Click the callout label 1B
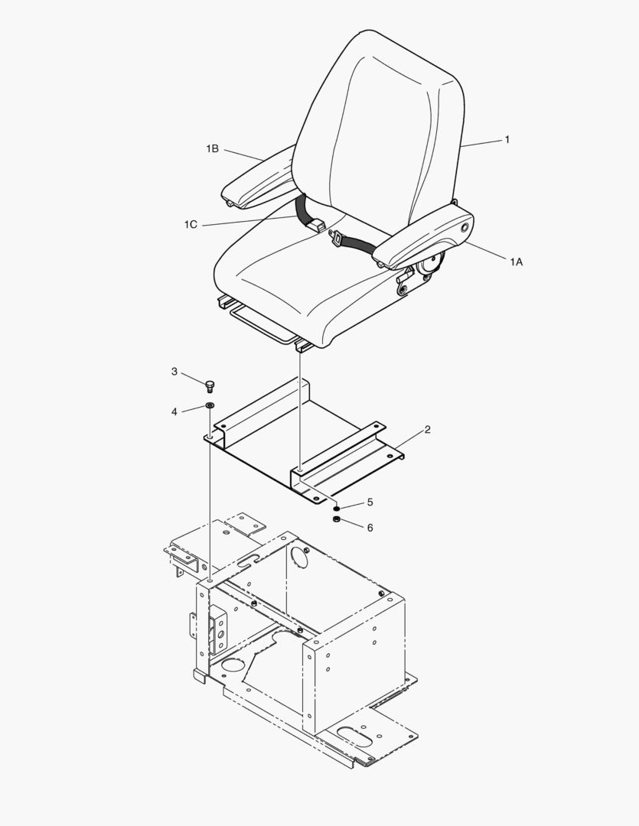point(212,149)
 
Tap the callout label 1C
point(191,224)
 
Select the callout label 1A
point(517,262)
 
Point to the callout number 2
point(427,430)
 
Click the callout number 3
point(174,372)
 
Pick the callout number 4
point(174,411)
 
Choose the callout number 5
point(370,502)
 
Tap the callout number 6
point(370,528)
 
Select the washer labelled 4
point(210,405)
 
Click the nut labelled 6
point(335,520)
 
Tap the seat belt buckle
point(337,240)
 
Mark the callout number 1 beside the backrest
point(507,140)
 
